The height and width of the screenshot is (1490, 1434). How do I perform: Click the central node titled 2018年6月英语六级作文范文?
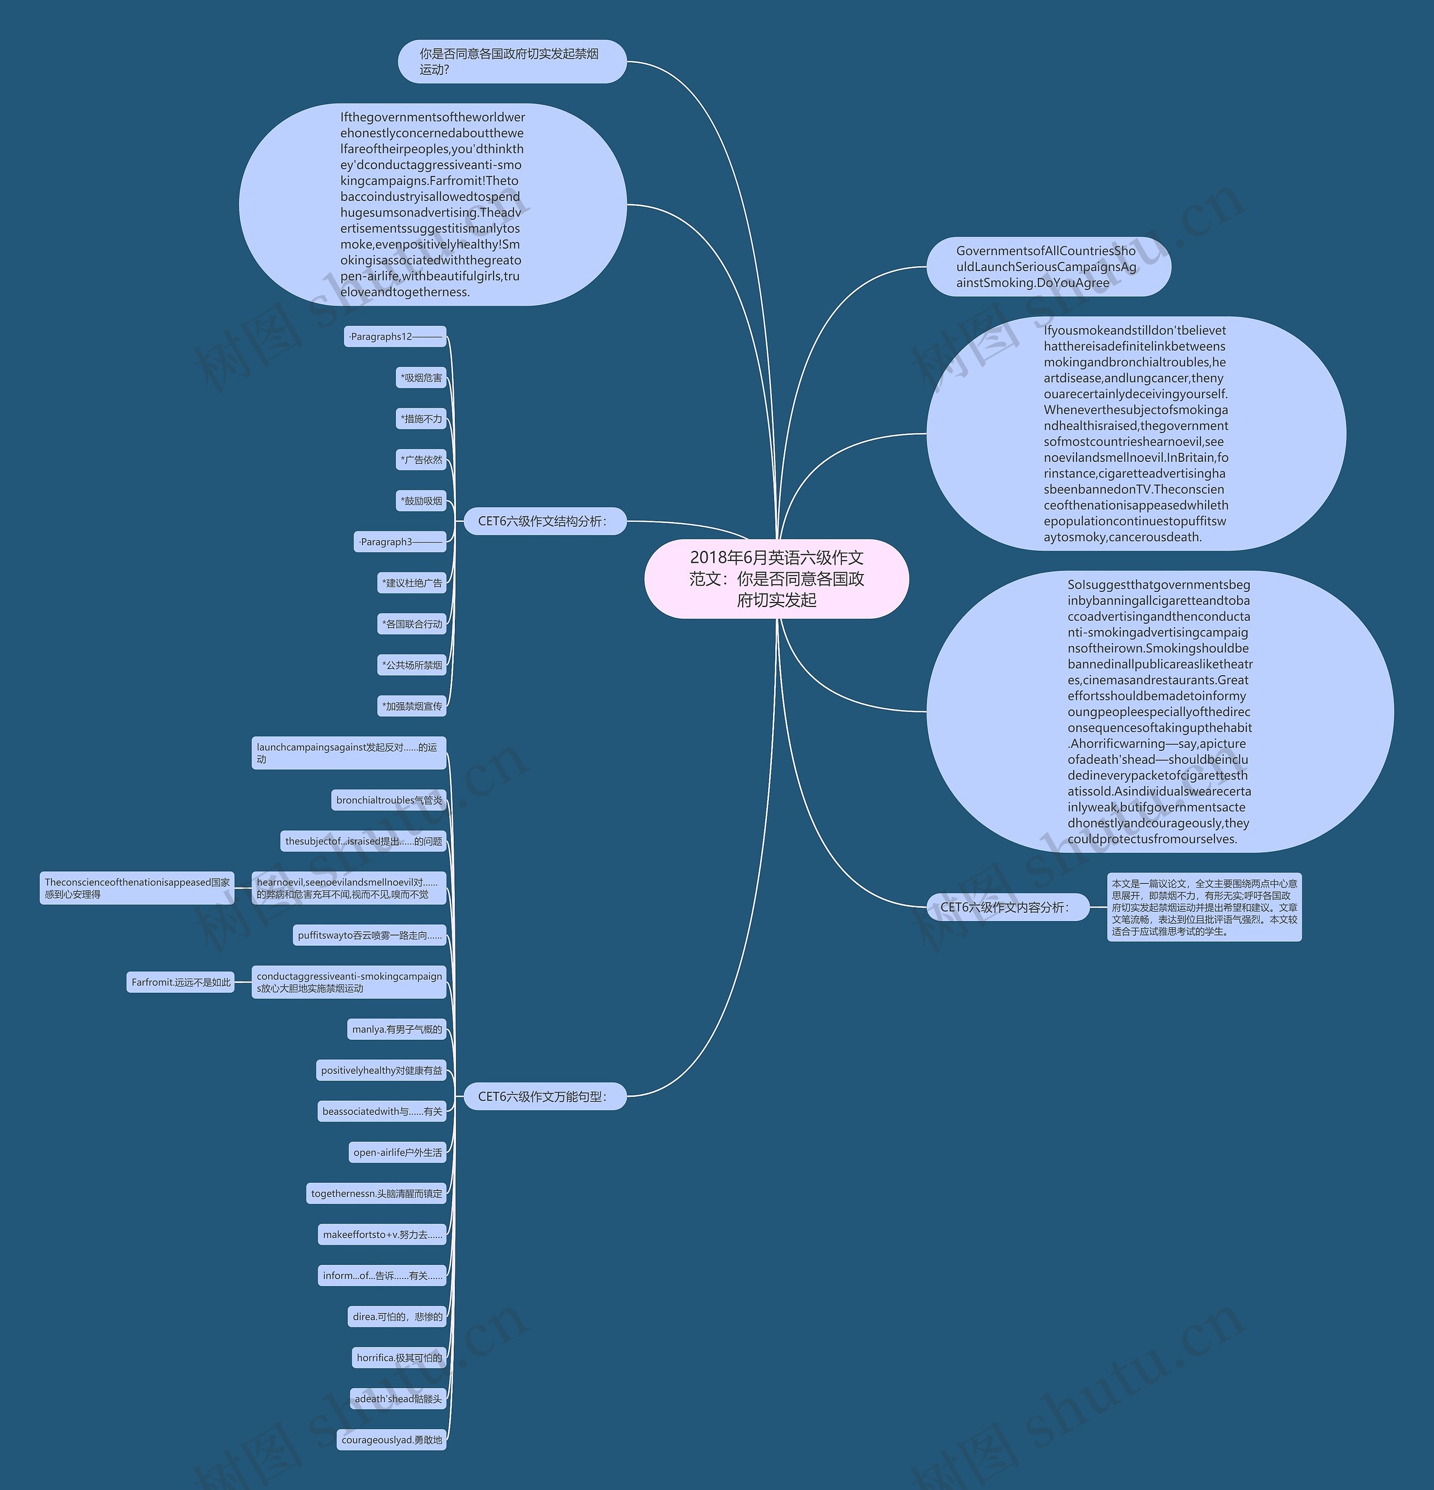point(776,578)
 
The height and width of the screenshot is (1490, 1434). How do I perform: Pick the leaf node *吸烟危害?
point(421,378)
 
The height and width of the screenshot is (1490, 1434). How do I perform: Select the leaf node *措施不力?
point(421,419)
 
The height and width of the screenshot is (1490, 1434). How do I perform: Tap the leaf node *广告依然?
point(421,460)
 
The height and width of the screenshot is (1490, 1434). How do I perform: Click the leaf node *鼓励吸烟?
point(421,501)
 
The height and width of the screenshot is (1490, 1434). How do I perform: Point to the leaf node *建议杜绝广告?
point(411,583)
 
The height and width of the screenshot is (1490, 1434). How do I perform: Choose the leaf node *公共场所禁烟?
point(411,665)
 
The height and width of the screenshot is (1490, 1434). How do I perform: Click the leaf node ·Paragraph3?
point(400,542)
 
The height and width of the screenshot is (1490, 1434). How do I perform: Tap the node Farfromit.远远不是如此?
point(180,982)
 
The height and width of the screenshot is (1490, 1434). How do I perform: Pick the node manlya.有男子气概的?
point(396,1029)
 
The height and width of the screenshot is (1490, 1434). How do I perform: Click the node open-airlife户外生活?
point(397,1152)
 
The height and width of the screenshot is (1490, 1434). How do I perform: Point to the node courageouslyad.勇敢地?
point(391,1440)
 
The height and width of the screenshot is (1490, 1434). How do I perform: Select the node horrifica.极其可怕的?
point(398,1358)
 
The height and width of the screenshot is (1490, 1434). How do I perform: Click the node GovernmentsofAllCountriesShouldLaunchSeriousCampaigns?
point(1047,267)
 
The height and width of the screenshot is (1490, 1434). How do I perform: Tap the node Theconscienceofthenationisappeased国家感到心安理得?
point(137,888)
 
